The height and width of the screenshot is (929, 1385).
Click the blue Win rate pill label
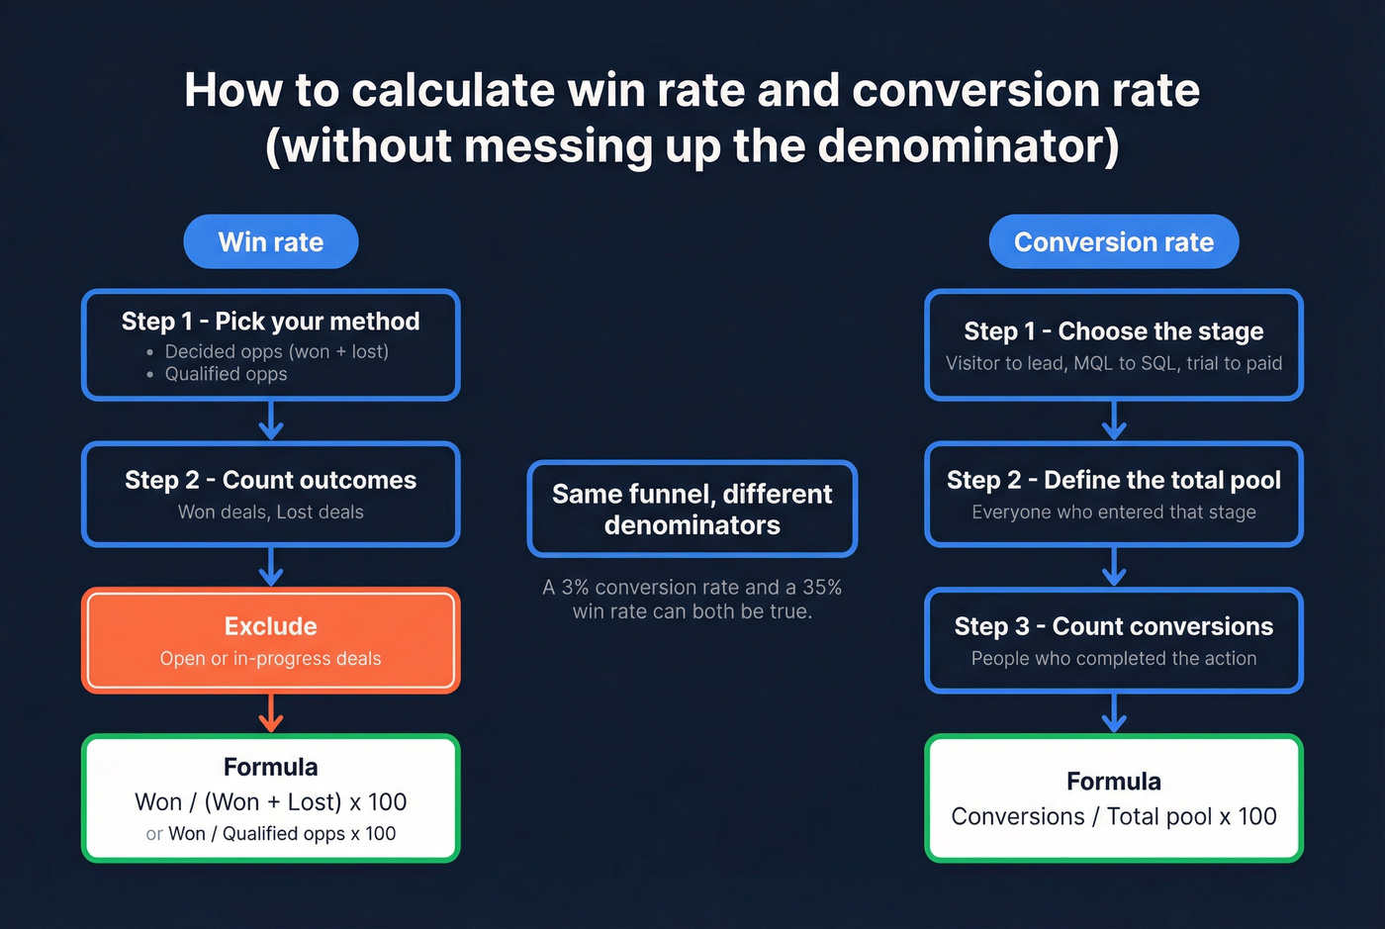coord(270,242)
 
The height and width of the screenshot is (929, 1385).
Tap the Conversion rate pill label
coord(1113,242)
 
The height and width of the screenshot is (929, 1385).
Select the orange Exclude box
coord(270,640)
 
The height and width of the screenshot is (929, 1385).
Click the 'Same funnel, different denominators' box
coord(692,509)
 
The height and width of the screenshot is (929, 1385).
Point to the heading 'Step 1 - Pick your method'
coord(270,322)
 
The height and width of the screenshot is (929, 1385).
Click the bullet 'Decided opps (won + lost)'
coord(276,351)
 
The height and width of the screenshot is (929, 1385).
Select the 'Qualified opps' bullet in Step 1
coord(226,374)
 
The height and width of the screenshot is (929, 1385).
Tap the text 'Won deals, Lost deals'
coord(270,511)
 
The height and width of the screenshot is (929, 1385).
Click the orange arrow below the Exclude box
coord(270,713)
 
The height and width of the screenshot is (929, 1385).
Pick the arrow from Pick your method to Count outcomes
coord(270,420)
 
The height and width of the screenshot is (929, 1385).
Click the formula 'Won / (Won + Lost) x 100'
coord(270,801)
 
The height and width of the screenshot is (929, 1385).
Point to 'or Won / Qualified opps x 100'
coord(270,834)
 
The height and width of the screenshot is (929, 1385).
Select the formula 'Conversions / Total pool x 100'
coord(1113,816)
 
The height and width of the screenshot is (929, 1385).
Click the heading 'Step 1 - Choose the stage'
coord(1113,331)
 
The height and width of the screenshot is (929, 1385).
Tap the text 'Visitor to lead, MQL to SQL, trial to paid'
coord(1113,363)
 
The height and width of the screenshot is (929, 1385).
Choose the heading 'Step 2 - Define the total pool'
coord(1113,480)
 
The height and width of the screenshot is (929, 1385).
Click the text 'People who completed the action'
coord(1113,658)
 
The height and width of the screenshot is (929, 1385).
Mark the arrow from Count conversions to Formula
coord(1113,713)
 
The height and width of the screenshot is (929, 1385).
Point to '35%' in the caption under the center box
coord(822,588)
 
